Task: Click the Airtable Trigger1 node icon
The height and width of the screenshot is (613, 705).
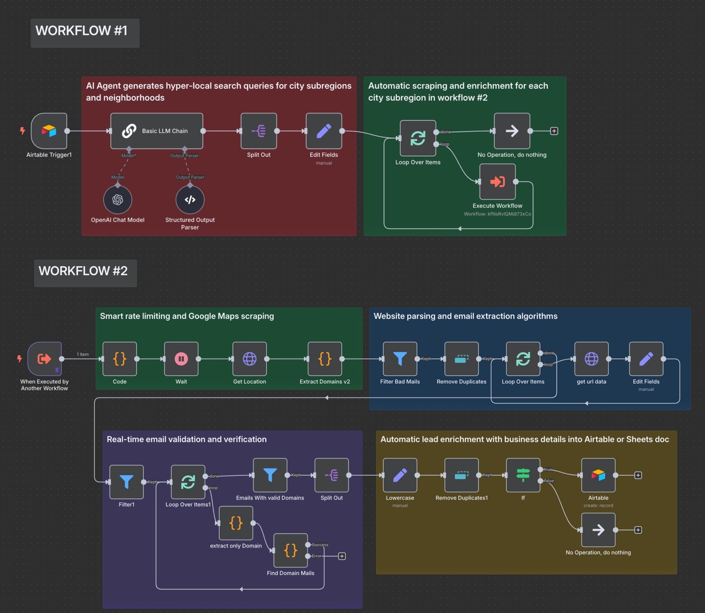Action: click(x=49, y=131)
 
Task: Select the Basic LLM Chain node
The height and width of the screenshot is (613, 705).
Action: click(x=157, y=131)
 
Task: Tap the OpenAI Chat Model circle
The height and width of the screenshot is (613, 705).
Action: click(x=118, y=200)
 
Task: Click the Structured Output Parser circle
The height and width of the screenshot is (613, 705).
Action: click(x=190, y=200)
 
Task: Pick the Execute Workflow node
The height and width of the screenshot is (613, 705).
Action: click(x=497, y=182)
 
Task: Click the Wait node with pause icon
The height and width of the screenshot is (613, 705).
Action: click(x=181, y=359)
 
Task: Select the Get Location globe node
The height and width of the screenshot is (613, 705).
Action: click(x=249, y=359)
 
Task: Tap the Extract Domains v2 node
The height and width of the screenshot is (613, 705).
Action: click(x=325, y=359)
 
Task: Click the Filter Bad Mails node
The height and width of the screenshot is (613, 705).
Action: click(x=400, y=359)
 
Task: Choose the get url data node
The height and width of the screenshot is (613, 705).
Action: click(x=592, y=359)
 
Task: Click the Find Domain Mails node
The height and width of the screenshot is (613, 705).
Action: click(x=290, y=550)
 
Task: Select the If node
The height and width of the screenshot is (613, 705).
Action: click(x=523, y=475)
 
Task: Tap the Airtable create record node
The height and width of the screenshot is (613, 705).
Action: click(x=598, y=475)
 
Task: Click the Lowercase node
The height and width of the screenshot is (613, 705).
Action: click(x=400, y=475)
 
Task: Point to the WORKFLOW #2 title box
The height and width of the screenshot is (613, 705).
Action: click(x=85, y=273)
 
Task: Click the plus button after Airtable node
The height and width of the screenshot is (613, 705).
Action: click(x=638, y=475)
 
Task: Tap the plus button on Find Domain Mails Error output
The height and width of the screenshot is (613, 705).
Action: click(x=342, y=556)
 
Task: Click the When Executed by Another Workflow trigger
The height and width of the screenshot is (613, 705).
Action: click(x=45, y=359)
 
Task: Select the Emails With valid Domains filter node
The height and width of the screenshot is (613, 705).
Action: click(x=270, y=475)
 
